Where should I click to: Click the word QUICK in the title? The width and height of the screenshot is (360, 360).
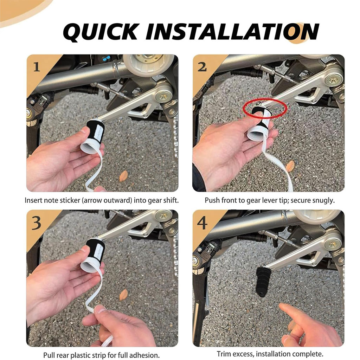[101, 32]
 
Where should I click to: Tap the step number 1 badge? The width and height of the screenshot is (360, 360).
[37, 67]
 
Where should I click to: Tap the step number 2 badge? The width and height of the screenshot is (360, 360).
[202, 67]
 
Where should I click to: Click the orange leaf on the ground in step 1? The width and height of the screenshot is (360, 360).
[123, 176]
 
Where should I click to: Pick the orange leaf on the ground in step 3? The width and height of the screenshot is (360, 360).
[123, 295]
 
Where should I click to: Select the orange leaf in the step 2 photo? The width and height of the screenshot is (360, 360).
[290, 166]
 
